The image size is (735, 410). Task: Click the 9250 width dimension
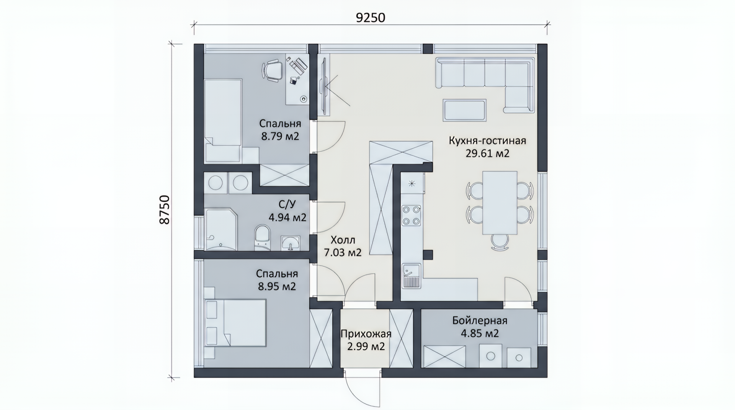[370, 17]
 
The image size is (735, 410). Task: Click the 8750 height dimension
[164, 210]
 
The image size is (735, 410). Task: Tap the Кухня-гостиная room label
[487, 140]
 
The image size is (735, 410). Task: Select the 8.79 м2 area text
[280, 136]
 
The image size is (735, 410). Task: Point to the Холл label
[343, 240]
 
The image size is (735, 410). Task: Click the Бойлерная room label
[480, 320]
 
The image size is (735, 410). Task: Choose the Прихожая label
[366, 334]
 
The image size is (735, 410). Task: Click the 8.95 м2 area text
[277, 286]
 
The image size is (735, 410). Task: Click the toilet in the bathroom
[262, 238]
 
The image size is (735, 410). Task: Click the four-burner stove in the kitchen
[411, 216]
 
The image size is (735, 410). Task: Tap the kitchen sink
[411, 276]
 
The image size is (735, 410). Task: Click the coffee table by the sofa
[464, 110]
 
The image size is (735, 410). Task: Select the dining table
[500, 203]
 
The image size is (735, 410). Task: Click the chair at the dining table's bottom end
[500, 242]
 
